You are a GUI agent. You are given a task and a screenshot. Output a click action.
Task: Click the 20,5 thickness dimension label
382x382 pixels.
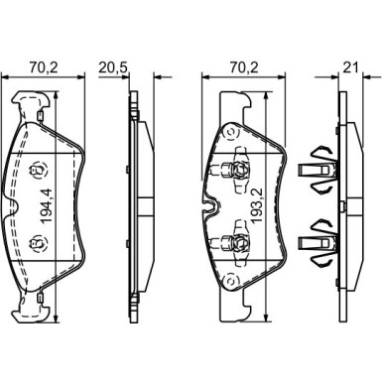click(113, 67)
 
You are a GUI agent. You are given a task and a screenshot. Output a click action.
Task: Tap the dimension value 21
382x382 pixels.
click(350, 67)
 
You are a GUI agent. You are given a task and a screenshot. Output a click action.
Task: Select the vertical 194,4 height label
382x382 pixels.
click(46, 205)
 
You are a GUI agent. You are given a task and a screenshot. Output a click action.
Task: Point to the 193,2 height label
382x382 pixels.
click(256, 205)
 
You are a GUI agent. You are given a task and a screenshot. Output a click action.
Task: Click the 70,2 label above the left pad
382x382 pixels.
click(44, 67)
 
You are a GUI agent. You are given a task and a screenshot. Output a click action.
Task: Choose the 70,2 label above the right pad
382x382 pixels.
click(244, 67)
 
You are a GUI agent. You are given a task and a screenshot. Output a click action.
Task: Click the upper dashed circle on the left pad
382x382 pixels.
click(38, 171)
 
